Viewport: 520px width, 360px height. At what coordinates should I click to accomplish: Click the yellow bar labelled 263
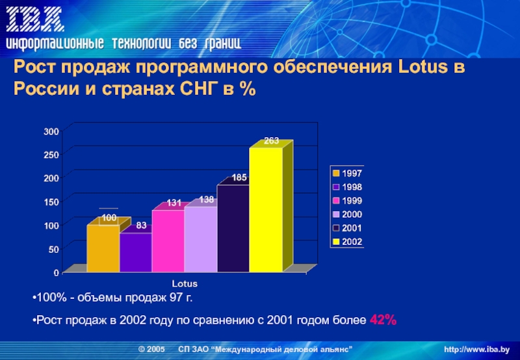click(266, 209)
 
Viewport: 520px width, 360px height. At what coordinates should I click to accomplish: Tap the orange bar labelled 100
click(103, 248)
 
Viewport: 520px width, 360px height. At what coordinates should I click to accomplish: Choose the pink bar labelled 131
click(168, 240)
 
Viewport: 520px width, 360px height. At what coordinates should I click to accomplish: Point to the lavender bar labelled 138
click(201, 239)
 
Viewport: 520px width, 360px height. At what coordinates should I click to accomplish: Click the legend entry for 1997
click(348, 174)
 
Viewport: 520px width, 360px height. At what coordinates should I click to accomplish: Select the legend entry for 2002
click(348, 242)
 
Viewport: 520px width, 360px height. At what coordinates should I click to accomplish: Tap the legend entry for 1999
click(348, 201)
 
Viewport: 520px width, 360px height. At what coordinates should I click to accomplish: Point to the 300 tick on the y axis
click(51, 131)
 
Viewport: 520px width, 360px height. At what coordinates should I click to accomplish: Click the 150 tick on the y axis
click(51, 201)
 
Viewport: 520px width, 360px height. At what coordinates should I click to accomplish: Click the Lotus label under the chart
click(185, 285)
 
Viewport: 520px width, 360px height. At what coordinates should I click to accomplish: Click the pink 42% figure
click(383, 320)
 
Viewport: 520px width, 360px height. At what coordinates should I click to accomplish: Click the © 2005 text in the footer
click(152, 350)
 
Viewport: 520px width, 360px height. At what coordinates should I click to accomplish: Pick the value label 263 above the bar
click(272, 141)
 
